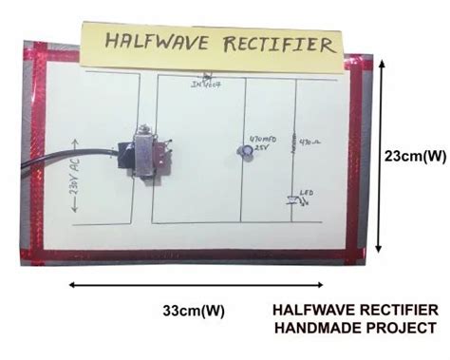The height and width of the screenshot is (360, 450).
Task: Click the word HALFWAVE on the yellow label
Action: (x=151, y=43)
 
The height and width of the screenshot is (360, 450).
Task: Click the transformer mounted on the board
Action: (x=145, y=152)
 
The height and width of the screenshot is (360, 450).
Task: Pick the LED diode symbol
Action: (x=292, y=199)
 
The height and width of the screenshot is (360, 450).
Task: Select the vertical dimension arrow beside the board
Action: (x=380, y=155)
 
